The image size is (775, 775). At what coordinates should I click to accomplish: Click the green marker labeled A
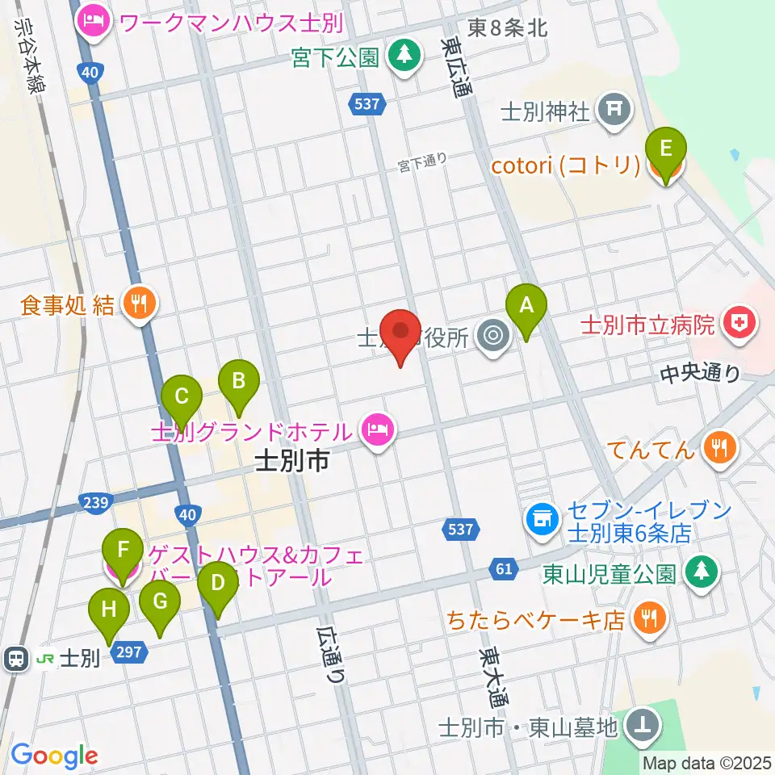point(526,307)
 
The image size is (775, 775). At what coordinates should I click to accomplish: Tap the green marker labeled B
point(238,380)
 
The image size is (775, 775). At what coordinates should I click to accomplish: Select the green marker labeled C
point(182,396)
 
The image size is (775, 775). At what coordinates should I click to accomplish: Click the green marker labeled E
point(665,149)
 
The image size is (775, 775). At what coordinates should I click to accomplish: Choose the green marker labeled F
point(124,551)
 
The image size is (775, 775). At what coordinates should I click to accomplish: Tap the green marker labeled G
point(159,601)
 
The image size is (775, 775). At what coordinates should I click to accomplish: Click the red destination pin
point(401,332)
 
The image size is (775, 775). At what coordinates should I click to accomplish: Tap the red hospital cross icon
point(737,324)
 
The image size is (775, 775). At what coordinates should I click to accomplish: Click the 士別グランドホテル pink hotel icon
point(376,429)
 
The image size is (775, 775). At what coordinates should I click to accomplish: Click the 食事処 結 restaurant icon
point(140,304)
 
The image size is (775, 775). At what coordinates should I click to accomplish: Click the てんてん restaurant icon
point(718,447)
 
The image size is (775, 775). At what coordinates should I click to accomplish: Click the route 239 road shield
point(95,502)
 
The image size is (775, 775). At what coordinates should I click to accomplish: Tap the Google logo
point(54,756)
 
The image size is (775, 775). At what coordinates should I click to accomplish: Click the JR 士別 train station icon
point(15,659)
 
